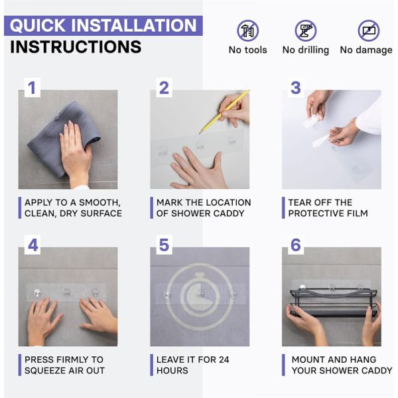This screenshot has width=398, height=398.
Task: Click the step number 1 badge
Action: [33, 88]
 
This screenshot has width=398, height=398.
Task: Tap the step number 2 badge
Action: [164, 88]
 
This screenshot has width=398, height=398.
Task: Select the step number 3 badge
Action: [296, 88]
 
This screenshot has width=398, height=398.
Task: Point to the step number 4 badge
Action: [33, 245]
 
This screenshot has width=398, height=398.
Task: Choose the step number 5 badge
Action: [164, 245]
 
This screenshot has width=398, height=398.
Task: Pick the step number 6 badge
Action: [296, 245]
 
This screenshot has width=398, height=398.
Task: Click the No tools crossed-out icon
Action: [247, 31]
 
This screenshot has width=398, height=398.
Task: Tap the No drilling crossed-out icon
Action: [306, 31]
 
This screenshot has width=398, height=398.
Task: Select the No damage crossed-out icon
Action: [369, 31]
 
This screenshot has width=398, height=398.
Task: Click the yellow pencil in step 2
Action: [224, 111]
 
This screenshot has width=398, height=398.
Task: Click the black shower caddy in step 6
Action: [333, 302]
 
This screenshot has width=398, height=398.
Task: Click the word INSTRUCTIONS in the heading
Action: [76, 47]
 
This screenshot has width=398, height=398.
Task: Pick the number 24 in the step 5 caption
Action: [224, 360]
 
